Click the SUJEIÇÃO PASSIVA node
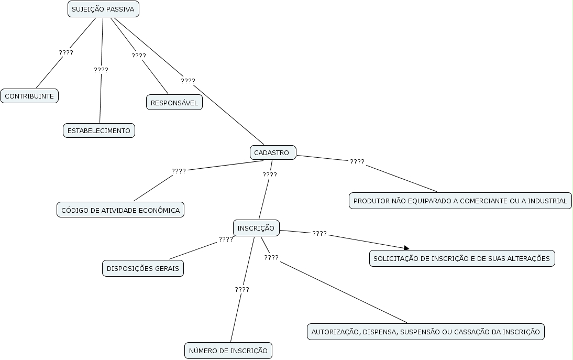pyautogui.click(x=103, y=9)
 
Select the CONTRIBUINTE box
pyautogui.click(x=29, y=96)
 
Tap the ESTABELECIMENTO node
pyautogui.click(x=99, y=130)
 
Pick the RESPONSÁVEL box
pyautogui.click(x=174, y=103)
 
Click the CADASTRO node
pyautogui.click(x=272, y=152)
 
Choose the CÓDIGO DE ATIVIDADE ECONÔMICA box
pyautogui.click(x=120, y=210)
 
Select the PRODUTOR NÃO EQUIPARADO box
pyautogui.click(x=460, y=201)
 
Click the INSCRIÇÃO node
pyautogui.click(x=256, y=228)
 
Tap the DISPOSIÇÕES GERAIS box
pyautogui.click(x=143, y=268)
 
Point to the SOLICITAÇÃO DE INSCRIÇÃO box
pyautogui.click(x=461, y=258)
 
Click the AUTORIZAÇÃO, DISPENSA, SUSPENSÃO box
pyautogui.click(x=425, y=332)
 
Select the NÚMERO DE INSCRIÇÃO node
pyautogui.click(x=228, y=351)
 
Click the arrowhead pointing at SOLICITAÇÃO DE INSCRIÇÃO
pyautogui.click(x=406, y=248)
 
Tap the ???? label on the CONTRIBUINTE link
pyautogui.click(x=66, y=53)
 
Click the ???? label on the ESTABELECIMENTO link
pyautogui.click(x=101, y=70)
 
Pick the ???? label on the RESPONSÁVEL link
pyautogui.click(x=139, y=56)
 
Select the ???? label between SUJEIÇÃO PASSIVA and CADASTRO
pyautogui.click(x=188, y=81)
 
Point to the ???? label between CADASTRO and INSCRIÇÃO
pyautogui.click(x=270, y=174)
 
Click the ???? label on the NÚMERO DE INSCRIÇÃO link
pyautogui.click(x=242, y=289)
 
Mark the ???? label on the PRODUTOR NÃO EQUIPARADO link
pyautogui.click(x=357, y=162)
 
